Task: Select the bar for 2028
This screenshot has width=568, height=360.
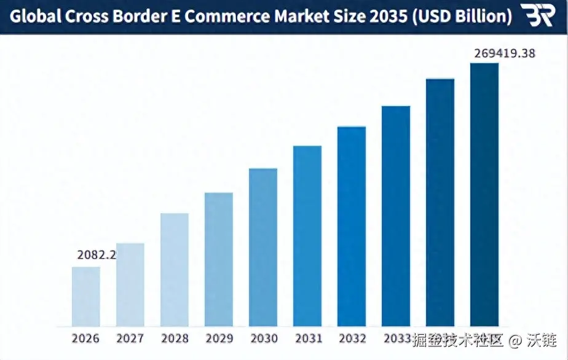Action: (175, 270)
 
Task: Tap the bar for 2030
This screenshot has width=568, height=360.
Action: (263, 247)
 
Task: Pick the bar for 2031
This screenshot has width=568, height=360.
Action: (307, 236)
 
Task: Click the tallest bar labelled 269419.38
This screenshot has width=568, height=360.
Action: (484, 194)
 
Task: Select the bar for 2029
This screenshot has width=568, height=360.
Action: (219, 259)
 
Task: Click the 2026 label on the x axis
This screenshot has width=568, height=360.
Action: (86, 338)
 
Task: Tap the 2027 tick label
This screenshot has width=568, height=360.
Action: (130, 338)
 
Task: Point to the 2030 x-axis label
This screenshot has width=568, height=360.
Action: (263, 338)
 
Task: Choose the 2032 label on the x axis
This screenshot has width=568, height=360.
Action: (352, 338)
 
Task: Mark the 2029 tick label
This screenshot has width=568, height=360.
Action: (219, 338)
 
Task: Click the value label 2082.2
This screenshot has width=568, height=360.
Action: (97, 255)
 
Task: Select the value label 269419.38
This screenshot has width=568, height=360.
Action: (505, 53)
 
